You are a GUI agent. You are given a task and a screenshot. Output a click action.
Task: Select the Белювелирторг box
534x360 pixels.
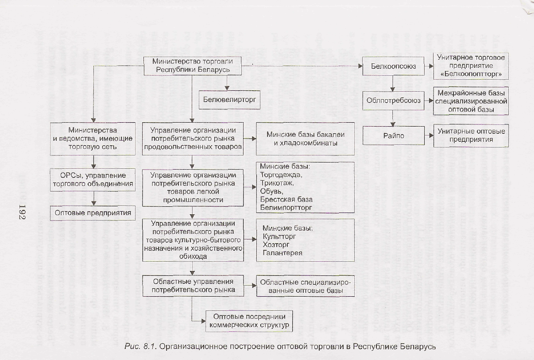[229, 100]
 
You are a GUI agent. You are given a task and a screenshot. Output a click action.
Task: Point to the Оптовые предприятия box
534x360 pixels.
[93, 213]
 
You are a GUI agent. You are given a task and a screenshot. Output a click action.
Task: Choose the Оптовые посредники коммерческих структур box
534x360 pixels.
[249, 321]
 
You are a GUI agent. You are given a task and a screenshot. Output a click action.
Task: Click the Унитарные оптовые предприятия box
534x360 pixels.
[471, 135]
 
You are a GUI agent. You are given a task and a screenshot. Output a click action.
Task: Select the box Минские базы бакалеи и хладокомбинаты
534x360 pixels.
[306, 139]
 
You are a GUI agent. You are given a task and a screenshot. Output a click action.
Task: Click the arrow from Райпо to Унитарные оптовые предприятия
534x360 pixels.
[428, 135]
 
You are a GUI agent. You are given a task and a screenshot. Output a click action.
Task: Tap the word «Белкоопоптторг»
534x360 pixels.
[471, 74]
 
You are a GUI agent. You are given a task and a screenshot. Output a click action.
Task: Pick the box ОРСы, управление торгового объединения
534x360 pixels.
[93, 179]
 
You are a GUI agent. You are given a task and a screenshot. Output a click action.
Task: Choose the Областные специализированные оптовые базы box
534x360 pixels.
[306, 287]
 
